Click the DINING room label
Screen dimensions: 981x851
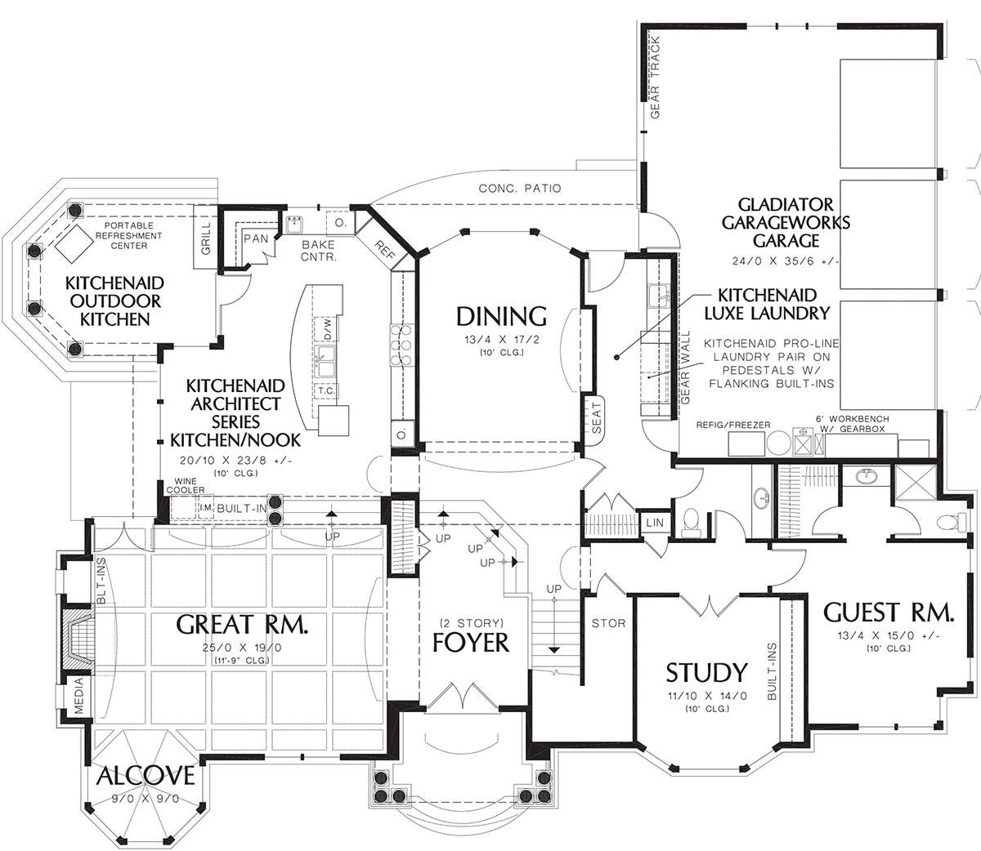coord(501,317)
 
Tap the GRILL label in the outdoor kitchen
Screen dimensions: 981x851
coord(206,238)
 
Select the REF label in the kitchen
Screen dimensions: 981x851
coord(385,250)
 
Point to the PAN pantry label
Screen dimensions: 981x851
coord(256,238)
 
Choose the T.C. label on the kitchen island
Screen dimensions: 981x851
coord(326,390)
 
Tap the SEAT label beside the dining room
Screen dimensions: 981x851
coord(597,418)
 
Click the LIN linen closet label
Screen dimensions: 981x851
coord(655,523)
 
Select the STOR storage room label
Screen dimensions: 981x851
coord(608,623)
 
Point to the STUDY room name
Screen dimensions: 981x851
coord(706,672)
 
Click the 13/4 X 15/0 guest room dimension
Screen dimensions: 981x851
coord(888,636)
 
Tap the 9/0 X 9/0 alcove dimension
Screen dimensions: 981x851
coord(146,798)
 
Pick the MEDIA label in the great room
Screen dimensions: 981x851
coord(79,695)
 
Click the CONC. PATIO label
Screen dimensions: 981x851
coord(520,188)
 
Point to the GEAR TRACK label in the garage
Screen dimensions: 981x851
coord(655,77)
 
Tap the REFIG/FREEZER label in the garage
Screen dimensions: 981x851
coord(733,425)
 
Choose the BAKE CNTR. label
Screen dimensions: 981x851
coord(318,251)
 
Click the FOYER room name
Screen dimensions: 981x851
coord(470,643)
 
